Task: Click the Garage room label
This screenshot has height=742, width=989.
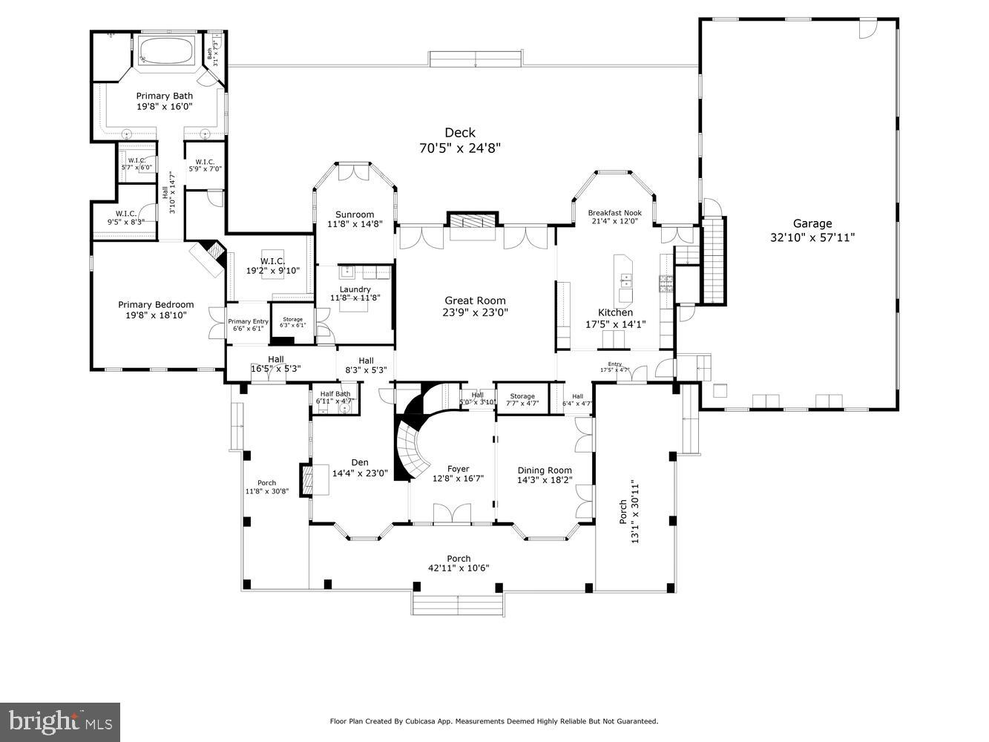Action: tap(812, 223)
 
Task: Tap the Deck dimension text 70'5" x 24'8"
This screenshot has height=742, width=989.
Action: tap(460, 148)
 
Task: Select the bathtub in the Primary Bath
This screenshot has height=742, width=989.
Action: tap(166, 51)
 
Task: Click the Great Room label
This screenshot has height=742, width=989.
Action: tap(475, 301)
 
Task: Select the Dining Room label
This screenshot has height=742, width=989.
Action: tap(545, 470)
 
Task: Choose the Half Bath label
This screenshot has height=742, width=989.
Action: tap(335, 394)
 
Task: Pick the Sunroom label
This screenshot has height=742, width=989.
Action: tap(354, 214)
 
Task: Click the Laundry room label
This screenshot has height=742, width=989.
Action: tap(355, 289)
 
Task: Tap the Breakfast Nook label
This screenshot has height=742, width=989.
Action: tap(614, 213)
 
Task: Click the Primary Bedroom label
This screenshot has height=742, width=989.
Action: tap(156, 304)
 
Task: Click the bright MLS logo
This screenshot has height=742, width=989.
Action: tap(60, 720)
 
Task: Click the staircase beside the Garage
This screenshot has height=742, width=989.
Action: tap(713, 259)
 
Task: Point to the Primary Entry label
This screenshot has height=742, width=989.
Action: tap(248, 321)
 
